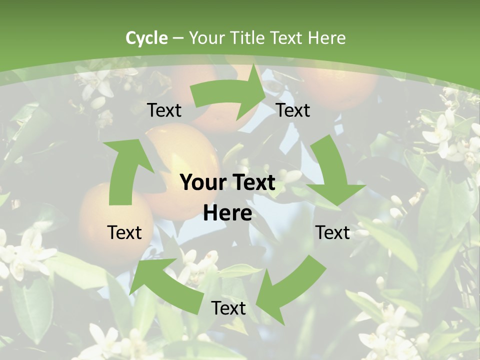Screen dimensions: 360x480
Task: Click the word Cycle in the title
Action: coord(146,38)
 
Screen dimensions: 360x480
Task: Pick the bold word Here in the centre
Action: coord(227,213)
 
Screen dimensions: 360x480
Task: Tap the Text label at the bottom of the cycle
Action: coord(228,308)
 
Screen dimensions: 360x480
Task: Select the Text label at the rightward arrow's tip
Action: coord(293,110)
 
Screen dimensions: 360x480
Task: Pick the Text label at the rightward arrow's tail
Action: coord(164,110)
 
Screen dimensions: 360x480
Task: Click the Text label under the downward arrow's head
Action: coord(333,232)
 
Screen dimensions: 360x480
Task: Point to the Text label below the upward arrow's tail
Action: coord(124,232)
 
